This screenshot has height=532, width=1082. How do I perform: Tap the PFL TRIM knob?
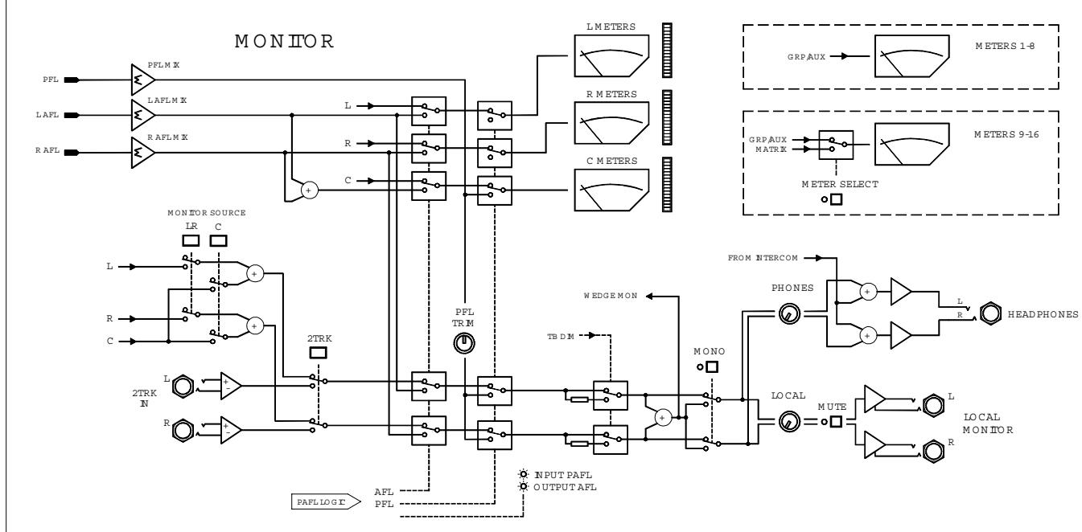coord(465,344)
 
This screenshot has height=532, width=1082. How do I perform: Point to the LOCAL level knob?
coord(788,421)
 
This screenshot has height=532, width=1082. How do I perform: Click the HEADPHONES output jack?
coord(991,313)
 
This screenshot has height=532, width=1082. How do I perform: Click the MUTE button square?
coord(837,421)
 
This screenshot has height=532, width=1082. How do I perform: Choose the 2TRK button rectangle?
coord(318,351)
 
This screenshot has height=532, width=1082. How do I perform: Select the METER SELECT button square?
coord(836,199)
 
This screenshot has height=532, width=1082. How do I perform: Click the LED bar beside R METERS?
coord(666,119)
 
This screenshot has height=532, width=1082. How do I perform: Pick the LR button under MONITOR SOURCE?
coord(191,240)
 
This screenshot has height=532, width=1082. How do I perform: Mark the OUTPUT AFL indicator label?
coord(566,486)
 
